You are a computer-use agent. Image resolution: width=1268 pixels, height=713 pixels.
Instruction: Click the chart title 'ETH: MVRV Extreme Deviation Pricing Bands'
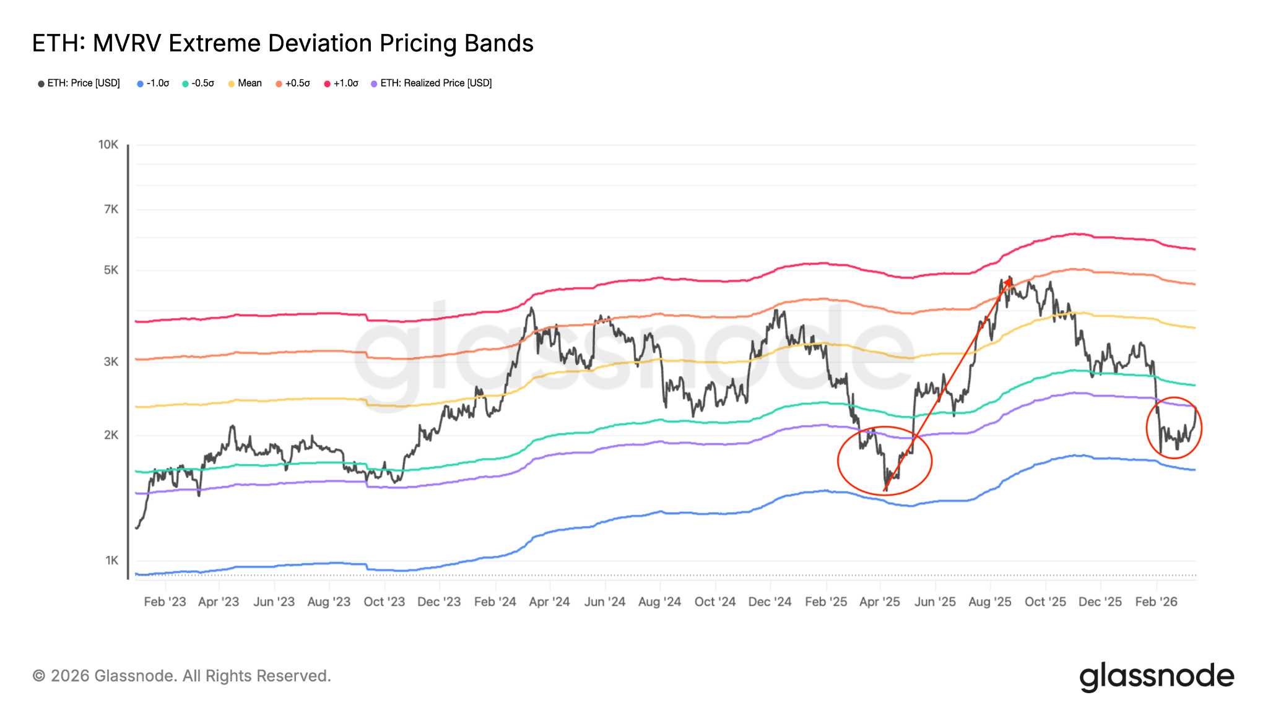(282, 43)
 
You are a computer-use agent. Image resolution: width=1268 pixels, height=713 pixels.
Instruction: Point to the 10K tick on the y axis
(108, 144)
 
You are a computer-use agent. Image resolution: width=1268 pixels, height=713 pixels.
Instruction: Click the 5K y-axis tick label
(111, 270)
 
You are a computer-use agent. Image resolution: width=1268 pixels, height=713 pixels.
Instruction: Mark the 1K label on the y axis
(111, 560)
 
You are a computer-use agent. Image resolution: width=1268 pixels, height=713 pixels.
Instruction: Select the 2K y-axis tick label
(111, 434)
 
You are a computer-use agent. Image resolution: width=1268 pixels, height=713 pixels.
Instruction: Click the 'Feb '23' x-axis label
(165, 602)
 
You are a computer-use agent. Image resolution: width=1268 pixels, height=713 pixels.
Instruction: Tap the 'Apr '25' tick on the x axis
(880, 602)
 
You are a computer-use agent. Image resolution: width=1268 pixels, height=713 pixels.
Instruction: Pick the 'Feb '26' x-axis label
(1156, 602)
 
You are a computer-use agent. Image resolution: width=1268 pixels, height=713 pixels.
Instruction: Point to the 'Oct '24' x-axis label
(715, 602)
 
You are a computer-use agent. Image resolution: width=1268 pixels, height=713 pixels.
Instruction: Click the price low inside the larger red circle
(886, 490)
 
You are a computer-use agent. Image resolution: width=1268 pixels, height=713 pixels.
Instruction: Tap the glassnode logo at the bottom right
(1156, 677)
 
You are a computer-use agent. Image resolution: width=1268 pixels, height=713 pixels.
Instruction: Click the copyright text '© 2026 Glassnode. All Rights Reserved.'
(182, 676)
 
